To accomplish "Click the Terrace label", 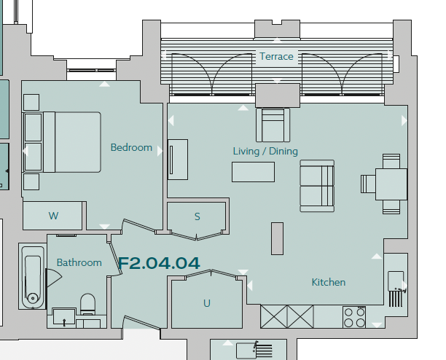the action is coord(276,56).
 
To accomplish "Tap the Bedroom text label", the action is coord(131,147).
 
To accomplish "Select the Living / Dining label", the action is coord(265,152).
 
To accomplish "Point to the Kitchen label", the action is coord(329,282).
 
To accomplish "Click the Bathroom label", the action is coord(79,262).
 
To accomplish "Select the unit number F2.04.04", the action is coord(159,263).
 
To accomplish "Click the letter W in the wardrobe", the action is coord(53,216).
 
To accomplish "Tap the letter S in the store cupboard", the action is coord(197,216).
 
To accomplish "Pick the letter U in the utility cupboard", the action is coord(207,303).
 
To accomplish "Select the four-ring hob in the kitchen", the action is coord(354,317).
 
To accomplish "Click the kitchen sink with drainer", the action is coord(396,289).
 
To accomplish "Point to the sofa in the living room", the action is coord(317,186).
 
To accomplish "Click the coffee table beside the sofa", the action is coord(253,172).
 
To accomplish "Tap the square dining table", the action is coord(391,184).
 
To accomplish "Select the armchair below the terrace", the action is coord(273,125).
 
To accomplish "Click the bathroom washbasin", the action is coord(64,317).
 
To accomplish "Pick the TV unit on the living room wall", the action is coord(178,160).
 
